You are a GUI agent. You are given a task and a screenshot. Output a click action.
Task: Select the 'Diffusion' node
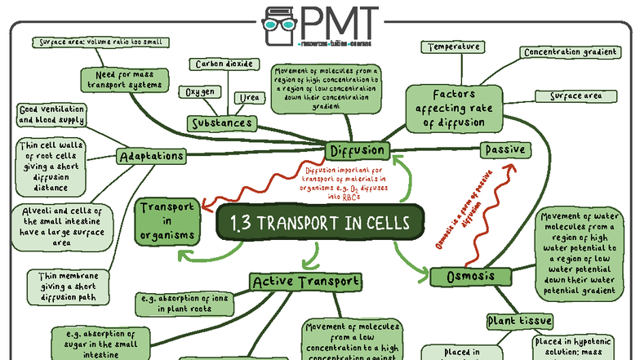click(x=356, y=151)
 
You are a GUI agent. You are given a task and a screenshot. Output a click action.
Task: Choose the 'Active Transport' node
click(x=305, y=282)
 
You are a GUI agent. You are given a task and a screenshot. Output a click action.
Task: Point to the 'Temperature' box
click(x=454, y=47)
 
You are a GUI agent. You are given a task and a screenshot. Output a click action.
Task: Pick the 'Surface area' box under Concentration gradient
click(x=576, y=96)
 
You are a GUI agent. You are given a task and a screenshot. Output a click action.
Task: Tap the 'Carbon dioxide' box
click(x=224, y=64)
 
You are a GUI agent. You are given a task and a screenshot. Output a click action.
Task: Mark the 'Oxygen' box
click(x=200, y=91)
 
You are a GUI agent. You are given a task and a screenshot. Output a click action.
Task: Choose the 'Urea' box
click(x=248, y=99)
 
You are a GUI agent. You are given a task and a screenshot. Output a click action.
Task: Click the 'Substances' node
click(x=220, y=123)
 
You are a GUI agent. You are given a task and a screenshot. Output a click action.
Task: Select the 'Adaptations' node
click(x=151, y=156)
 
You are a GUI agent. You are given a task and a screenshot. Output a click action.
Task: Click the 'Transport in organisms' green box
click(x=167, y=221)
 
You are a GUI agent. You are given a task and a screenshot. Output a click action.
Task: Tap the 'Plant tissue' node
click(x=519, y=321)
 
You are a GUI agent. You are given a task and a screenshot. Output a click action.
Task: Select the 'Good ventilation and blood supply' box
click(x=51, y=114)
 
